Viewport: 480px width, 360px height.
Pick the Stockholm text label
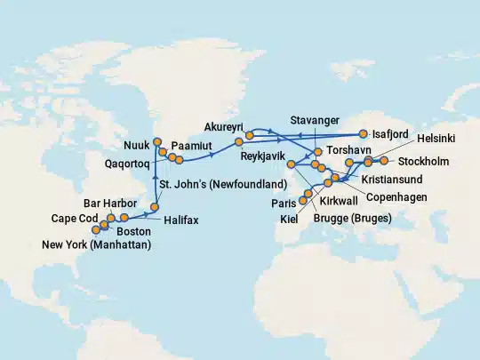[424, 162]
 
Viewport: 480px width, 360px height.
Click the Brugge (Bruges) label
[356, 219]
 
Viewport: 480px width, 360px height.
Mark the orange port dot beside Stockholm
[384, 162]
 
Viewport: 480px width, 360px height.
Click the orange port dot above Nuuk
[157, 141]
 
